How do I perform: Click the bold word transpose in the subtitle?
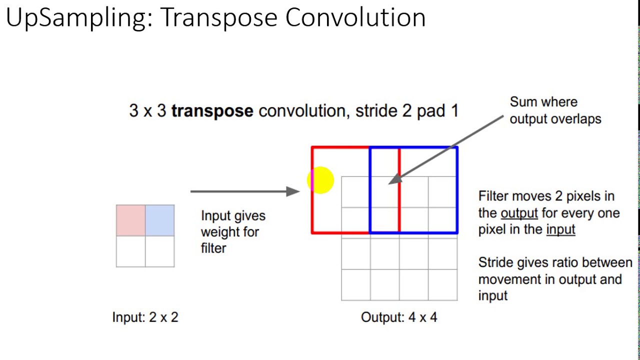tap(212, 110)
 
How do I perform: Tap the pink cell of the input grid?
tap(130, 220)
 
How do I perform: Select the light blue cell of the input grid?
tap(160, 220)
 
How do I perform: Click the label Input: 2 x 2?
tap(145, 317)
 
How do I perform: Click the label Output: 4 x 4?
tap(398, 317)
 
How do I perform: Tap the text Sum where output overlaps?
tap(555, 110)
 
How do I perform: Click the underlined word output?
tap(519, 213)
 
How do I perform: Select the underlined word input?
tap(560, 229)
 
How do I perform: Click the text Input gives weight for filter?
tap(233, 232)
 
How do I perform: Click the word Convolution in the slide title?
tap(355, 18)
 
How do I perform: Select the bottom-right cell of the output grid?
tap(442, 285)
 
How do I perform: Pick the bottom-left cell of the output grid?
tap(355, 285)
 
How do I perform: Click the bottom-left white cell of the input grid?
tap(130, 251)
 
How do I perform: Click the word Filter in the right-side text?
tap(492, 196)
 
